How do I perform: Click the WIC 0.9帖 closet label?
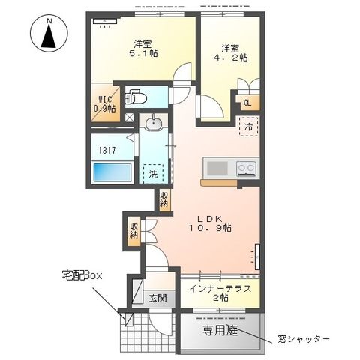[x=104, y=103]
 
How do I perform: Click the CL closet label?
[x=247, y=103]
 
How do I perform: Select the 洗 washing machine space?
[x=153, y=174]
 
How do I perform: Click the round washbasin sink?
[x=154, y=123]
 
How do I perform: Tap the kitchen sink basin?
[x=214, y=167]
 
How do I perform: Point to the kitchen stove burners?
[x=246, y=167]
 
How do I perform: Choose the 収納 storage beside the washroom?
[x=164, y=199]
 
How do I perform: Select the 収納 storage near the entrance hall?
[x=133, y=231]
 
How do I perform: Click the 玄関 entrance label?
[x=158, y=298]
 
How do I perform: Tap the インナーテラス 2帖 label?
[x=220, y=293]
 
